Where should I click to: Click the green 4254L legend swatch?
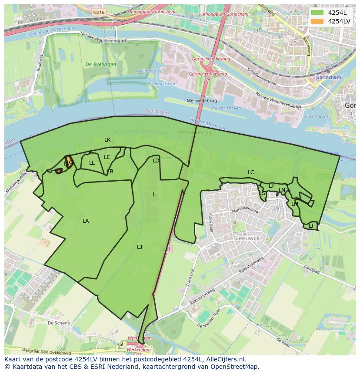coord(317,13)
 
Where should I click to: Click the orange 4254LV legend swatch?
coord(317,21)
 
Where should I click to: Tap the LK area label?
coord(107,140)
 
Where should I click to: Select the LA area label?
coord(86,221)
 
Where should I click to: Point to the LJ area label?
coord(140,247)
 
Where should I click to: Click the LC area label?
coord(251,172)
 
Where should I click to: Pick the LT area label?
coord(311,226)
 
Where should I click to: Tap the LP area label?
coord(271,186)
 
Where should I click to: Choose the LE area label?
coord(107,157)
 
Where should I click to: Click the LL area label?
coord(92,163)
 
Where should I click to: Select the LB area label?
coord(110,172)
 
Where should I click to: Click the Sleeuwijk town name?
coord(246,238)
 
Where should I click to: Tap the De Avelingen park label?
coord(101,64)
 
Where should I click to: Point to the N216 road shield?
coord(99,13)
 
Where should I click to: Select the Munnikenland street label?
coord(245,211)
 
